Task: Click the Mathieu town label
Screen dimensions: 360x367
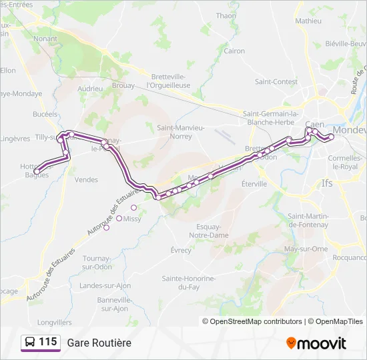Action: coord(308,21)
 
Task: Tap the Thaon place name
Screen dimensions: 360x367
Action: coord(226,15)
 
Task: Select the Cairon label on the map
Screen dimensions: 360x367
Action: coord(234,51)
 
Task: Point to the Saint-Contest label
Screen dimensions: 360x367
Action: coord(276,82)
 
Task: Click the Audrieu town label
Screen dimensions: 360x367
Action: coord(89,88)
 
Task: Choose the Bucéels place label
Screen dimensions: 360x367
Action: coord(45,114)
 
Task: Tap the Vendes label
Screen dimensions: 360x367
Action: coord(87,179)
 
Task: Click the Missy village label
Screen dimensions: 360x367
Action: coord(132,219)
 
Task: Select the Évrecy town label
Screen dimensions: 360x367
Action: coord(180,250)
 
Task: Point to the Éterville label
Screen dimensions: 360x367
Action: coord(254,183)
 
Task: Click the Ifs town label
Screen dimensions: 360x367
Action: coord(326,183)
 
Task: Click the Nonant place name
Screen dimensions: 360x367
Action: coord(45,39)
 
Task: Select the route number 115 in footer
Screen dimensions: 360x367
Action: coord(47,342)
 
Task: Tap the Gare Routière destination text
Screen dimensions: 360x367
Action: coord(99,343)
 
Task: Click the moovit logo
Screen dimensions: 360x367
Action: coord(316,343)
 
